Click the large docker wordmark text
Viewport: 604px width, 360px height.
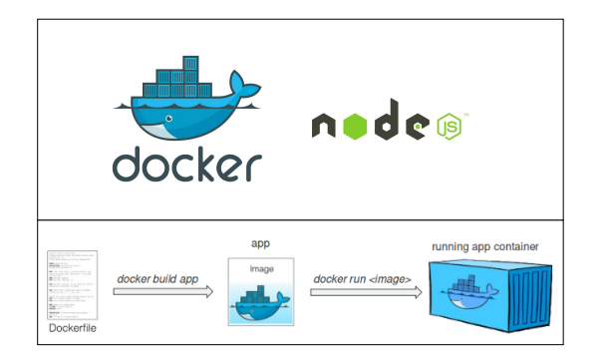pos(187,166)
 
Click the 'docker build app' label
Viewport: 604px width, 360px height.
pos(155,278)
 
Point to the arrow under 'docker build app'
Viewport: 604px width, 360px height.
pos(162,292)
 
